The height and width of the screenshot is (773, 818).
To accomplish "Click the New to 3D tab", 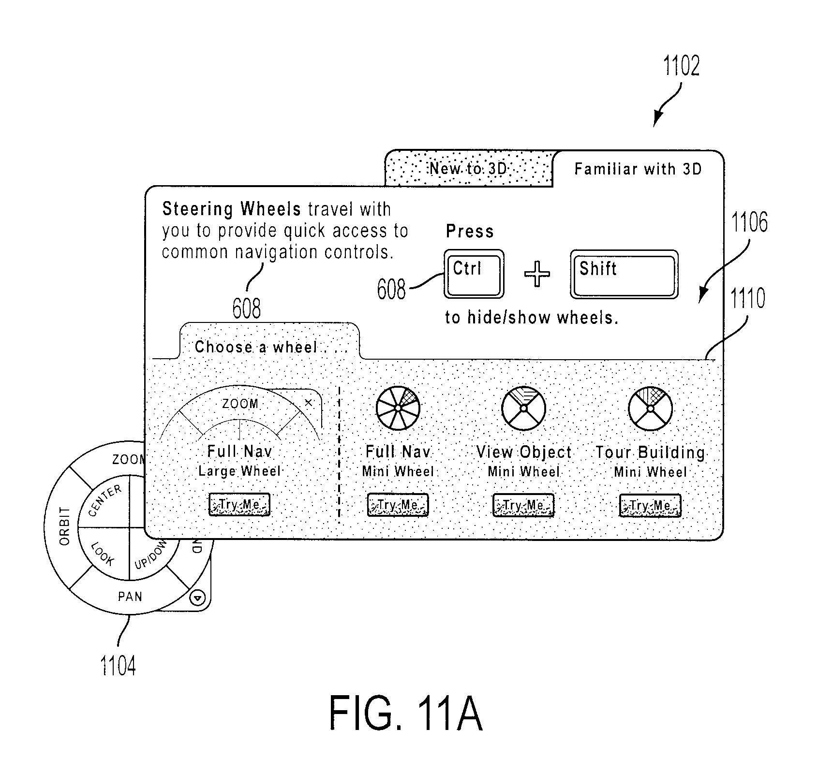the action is pyautogui.click(x=468, y=168).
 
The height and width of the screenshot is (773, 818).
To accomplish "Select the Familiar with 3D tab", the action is pyautogui.click(x=638, y=169).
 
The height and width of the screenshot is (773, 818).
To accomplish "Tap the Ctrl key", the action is pyautogui.click(x=474, y=274).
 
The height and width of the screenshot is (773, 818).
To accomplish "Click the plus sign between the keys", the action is pyautogui.click(x=537, y=274).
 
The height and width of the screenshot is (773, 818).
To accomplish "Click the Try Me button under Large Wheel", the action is pyautogui.click(x=239, y=505).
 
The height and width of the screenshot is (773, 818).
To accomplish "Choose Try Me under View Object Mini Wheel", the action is pyautogui.click(x=523, y=506).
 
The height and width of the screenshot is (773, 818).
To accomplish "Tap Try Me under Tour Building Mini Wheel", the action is pyautogui.click(x=650, y=506).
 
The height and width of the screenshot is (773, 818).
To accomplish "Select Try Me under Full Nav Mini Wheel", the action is pyautogui.click(x=398, y=505).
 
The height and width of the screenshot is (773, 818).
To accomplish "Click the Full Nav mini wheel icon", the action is pyautogui.click(x=398, y=408).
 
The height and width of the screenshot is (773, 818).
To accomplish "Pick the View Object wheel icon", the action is pyautogui.click(x=523, y=408).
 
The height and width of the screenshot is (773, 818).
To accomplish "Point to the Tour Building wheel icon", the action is pyautogui.click(x=650, y=408).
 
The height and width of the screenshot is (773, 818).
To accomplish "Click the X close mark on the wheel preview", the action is pyautogui.click(x=308, y=403).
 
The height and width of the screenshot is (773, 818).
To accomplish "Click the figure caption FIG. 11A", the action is pyautogui.click(x=406, y=714).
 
